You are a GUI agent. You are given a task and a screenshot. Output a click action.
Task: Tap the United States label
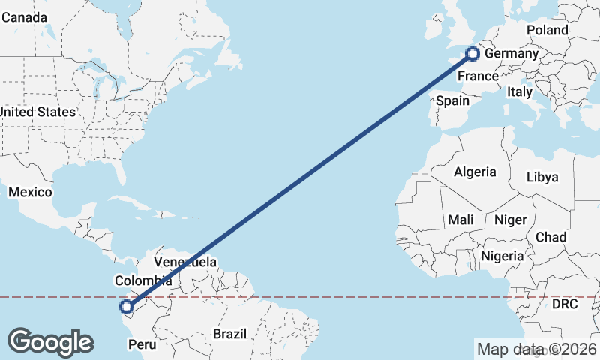[x=37, y=112]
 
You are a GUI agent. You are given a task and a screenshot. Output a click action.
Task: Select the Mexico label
[x=30, y=193]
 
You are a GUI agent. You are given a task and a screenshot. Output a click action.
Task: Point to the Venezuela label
[x=185, y=262]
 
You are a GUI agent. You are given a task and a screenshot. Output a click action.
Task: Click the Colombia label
[x=143, y=280]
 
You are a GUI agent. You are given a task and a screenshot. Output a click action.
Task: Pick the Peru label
[x=142, y=344]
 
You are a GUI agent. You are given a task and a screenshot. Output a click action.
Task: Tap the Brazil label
[x=230, y=334]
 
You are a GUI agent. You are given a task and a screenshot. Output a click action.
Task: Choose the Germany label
[x=511, y=54]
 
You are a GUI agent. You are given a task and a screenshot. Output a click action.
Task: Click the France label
[x=478, y=76]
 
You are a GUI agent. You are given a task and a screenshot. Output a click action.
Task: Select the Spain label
[x=452, y=100]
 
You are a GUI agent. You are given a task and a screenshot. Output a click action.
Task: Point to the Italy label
[x=519, y=91]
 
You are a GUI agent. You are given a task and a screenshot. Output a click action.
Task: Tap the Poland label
[x=547, y=30]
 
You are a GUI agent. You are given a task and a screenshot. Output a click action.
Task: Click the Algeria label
[x=475, y=172]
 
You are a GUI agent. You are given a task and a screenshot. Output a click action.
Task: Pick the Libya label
[x=542, y=178]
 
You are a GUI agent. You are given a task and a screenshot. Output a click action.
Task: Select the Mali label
[x=460, y=220]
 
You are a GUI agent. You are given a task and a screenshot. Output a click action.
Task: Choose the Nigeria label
[x=502, y=256]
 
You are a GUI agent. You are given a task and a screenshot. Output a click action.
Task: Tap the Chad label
[x=550, y=237]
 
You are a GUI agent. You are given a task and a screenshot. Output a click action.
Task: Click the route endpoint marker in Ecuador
[x=127, y=306]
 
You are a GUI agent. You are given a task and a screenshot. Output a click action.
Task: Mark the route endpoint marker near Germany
[x=472, y=53]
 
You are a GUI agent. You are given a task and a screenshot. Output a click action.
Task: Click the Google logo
[x=50, y=342]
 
